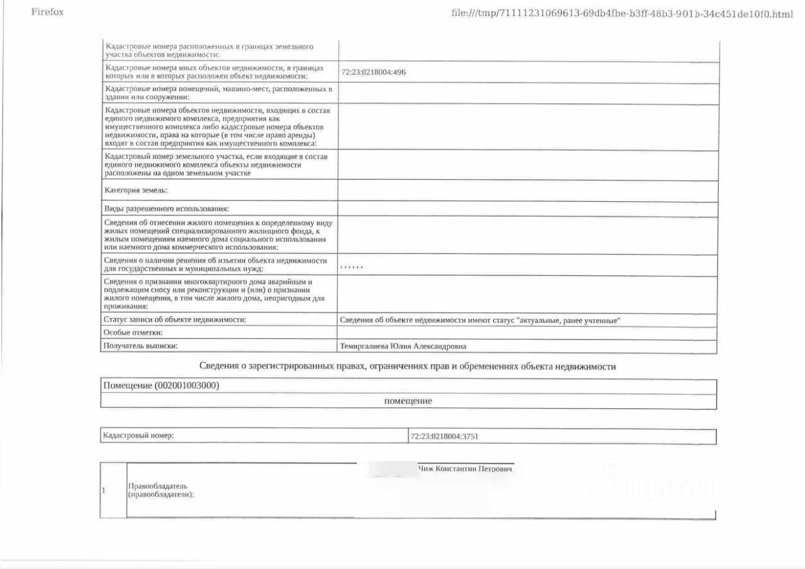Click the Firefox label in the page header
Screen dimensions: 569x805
[47, 12]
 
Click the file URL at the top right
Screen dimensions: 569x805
[622, 13]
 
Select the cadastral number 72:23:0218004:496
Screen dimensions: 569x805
[373, 72]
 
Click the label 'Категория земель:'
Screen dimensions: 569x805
[136, 191]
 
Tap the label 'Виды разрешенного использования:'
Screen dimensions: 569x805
[167, 209]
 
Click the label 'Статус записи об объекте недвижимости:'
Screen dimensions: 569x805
[174, 320]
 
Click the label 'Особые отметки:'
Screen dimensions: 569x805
[133, 333]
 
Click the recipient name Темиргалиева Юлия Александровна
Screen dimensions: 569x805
[403, 346]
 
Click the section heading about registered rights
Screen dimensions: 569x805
[407, 367]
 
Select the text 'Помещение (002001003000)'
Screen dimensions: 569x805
[161, 386]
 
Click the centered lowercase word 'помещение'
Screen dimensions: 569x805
[408, 401]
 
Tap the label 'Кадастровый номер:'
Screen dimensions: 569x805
[138, 436]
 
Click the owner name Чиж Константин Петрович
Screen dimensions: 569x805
[466, 469]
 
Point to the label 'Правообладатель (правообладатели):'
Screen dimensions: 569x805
[161, 490]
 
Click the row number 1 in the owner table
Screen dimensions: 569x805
[104, 490]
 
